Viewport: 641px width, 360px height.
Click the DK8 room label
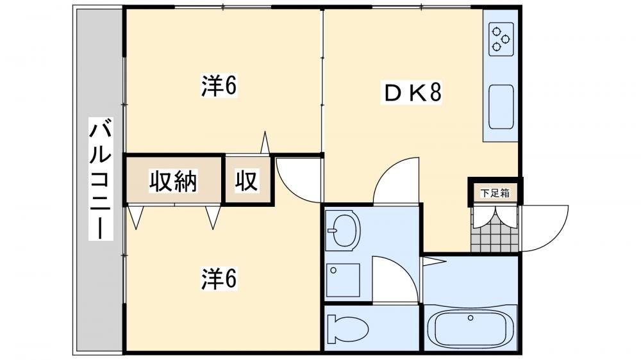[x=412, y=92]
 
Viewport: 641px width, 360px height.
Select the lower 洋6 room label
[x=219, y=279]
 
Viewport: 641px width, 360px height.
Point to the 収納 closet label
[x=173, y=181]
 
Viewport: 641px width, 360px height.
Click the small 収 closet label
[x=247, y=181]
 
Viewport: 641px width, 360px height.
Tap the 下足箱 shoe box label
[x=495, y=193]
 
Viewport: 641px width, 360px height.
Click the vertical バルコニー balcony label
[x=101, y=179]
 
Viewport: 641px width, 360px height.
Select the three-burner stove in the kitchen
[x=501, y=39]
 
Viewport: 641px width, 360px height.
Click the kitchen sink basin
[x=501, y=106]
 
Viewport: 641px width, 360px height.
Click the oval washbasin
[x=344, y=230]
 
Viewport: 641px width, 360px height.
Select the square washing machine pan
[x=344, y=281]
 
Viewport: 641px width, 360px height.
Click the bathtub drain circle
[x=470, y=318]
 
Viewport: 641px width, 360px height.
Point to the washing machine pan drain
[x=333, y=270]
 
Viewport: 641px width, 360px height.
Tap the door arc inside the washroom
[x=395, y=279]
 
